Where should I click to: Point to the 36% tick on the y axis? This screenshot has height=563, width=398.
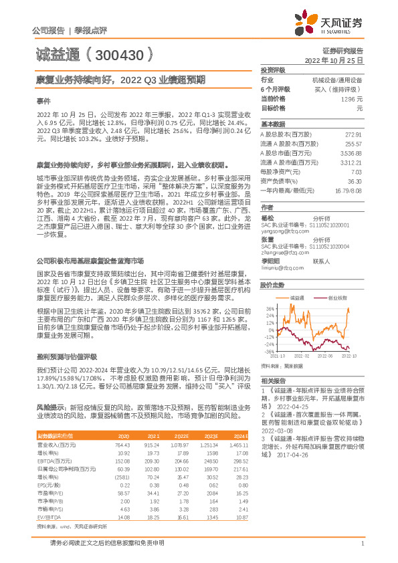[x=270, y=290]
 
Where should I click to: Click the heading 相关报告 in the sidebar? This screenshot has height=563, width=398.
[x=272, y=381]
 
